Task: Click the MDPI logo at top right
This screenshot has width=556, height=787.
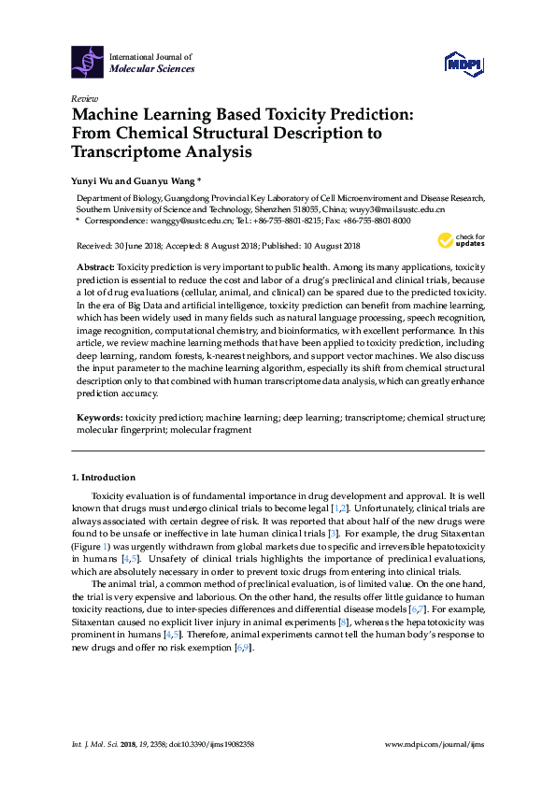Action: (x=463, y=64)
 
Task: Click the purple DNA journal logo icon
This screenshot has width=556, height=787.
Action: (x=87, y=63)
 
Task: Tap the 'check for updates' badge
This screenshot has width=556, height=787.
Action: (x=463, y=242)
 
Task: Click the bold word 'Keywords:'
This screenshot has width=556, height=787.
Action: (x=96, y=417)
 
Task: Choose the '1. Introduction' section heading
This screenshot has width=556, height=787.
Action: (x=104, y=478)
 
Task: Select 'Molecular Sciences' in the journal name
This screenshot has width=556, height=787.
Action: (x=152, y=69)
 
